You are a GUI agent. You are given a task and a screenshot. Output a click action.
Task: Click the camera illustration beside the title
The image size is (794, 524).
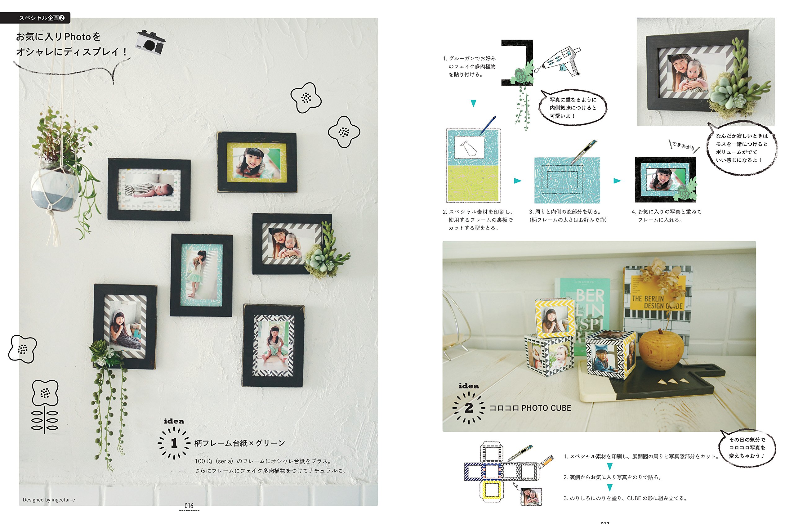150,43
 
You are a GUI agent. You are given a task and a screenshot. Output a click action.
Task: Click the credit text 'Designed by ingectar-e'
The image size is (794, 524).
49,500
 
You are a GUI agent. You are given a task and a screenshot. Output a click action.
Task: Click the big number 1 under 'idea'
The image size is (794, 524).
174,443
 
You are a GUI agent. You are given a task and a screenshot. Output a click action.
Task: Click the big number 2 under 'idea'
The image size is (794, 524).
469,408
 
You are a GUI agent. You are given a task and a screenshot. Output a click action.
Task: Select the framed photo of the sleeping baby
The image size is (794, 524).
149,189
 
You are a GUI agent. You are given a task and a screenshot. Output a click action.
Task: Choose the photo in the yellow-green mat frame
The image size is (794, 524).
256,163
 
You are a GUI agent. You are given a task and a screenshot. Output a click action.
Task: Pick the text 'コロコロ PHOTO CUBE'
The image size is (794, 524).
530,408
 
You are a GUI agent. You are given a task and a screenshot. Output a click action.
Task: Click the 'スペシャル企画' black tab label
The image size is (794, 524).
38,18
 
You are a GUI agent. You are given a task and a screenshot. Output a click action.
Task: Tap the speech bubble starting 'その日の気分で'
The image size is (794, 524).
747,448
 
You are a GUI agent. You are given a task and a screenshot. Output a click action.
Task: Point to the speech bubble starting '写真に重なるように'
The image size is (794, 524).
573,108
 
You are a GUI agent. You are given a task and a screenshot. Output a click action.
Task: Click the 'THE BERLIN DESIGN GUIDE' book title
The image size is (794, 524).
656,302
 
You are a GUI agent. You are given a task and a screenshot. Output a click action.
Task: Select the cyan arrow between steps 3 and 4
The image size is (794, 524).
617,181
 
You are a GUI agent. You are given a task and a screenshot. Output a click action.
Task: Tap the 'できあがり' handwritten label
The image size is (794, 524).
684,146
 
